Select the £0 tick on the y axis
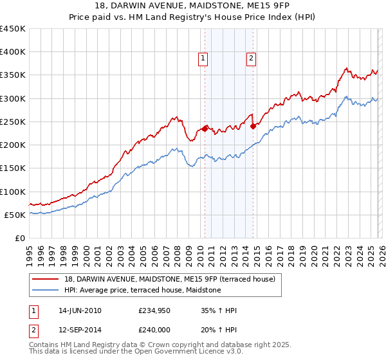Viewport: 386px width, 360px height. (19, 238)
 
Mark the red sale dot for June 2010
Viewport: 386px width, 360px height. (205, 129)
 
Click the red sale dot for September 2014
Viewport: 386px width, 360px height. (253, 126)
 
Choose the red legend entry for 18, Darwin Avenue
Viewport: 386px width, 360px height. (169, 279)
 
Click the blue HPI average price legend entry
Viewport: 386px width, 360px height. (142, 290)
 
